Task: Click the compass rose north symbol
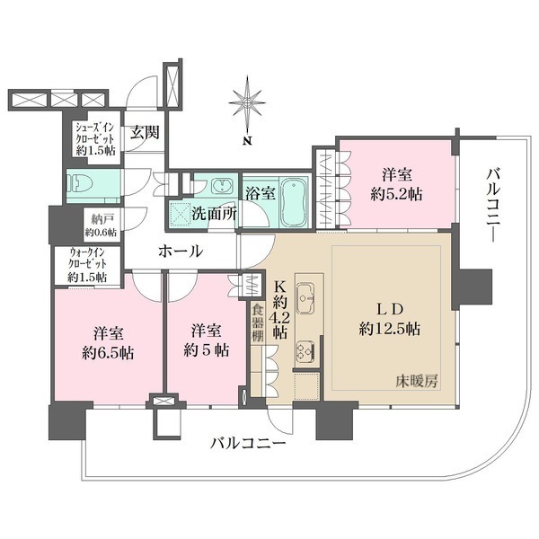(247, 105)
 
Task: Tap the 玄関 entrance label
(144, 133)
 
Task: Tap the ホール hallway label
(181, 252)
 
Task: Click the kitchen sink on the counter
(305, 294)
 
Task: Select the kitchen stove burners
(305, 349)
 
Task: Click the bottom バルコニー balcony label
(249, 443)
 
